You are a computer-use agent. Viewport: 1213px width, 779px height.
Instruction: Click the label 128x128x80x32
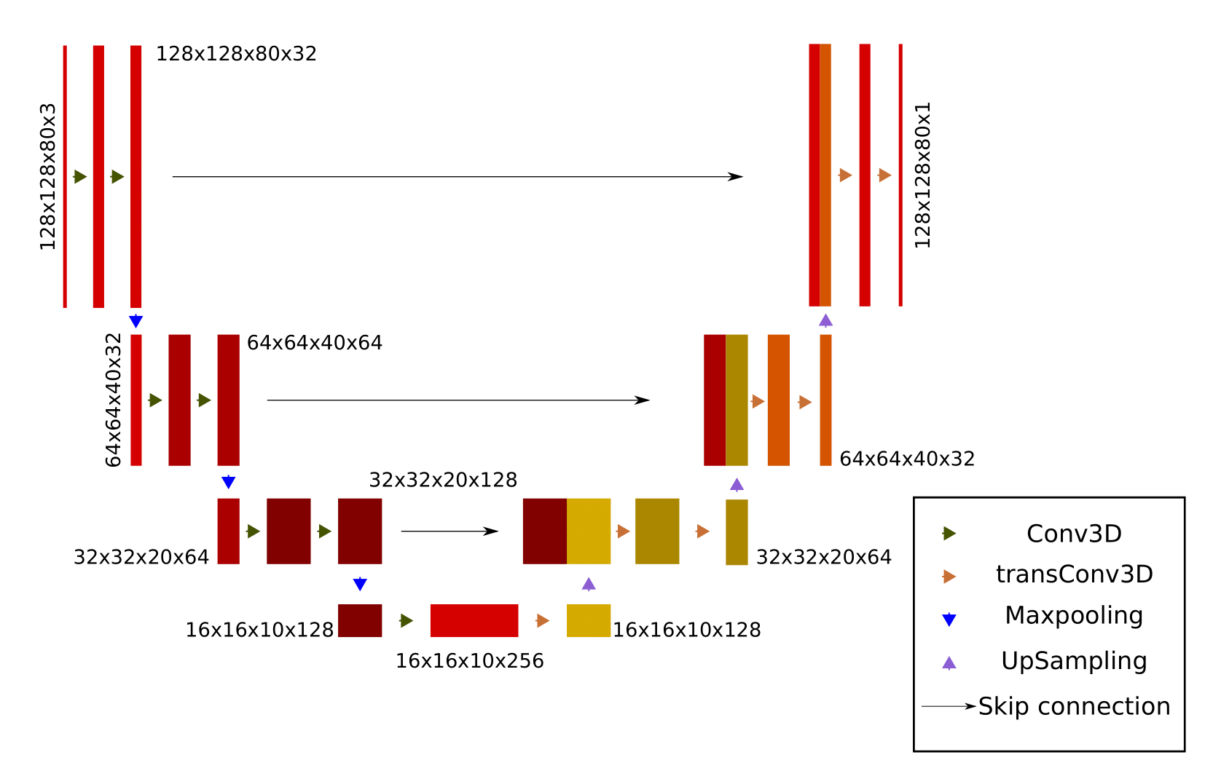[236, 54]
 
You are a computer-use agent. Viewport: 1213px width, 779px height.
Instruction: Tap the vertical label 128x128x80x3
[48, 177]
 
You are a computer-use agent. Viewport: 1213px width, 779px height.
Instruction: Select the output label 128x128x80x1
[922, 175]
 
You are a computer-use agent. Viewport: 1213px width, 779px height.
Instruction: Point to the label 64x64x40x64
[315, 343]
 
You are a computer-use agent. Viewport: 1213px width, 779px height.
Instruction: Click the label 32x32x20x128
[443, 481]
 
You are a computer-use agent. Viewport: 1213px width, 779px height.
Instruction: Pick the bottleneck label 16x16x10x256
[469, 661]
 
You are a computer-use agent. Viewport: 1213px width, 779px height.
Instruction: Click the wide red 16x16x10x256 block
[474, 621]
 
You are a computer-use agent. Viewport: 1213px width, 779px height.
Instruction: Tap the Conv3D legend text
[1074, 534]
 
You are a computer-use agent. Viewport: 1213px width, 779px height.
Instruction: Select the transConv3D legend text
[1074, 574]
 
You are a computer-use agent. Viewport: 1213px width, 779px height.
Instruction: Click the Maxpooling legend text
[1074, 616]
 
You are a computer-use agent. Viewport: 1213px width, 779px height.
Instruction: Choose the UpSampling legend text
[1074, 661]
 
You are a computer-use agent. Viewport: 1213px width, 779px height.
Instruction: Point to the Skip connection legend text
[1074, 706]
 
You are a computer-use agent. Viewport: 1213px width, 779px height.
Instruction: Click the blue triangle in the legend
[949, 620]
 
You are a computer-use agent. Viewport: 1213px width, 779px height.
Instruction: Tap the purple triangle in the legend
[949, 663]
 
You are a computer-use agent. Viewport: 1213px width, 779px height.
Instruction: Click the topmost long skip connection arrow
[458, 177]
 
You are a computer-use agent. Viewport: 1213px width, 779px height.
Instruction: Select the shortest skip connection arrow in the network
[449, 531]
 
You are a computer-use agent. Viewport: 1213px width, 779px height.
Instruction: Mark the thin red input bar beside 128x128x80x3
[65, 177]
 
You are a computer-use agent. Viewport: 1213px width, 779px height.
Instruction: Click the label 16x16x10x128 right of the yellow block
[686, 630]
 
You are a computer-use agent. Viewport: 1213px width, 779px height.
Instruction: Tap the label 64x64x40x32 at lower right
[907, 459]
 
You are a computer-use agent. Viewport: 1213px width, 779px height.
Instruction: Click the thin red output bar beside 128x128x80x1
[900, 175]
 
